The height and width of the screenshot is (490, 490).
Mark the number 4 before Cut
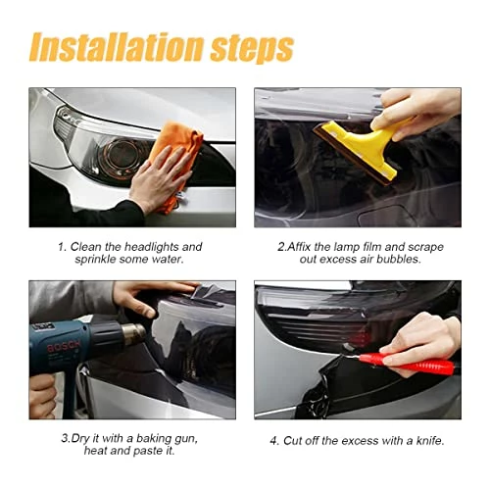(x=274, y=441)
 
